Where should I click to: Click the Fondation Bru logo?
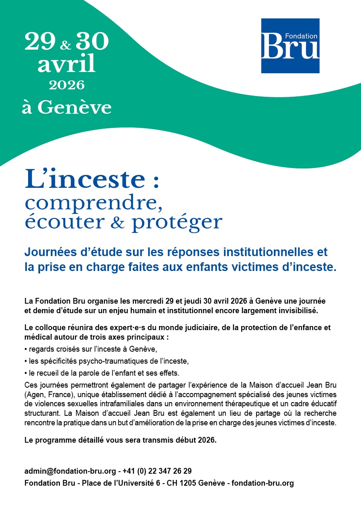(x=290, y=46)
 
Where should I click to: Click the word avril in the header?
(x=66, y=65)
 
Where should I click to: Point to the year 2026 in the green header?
(x=66, y=85)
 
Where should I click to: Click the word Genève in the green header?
(x=75, y=108)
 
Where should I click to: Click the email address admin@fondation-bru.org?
(x=70, y=471)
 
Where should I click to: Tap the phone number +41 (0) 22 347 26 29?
(x=157, y=471)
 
